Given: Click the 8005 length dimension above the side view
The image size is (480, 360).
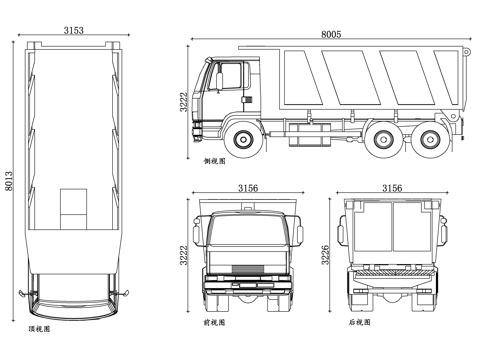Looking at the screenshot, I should pos(330,34).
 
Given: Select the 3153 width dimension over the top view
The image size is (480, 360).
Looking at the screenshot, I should pos(73,31).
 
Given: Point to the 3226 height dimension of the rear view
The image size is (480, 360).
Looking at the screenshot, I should pos(325,255).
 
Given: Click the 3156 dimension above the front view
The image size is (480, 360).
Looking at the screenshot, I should pos(249,188).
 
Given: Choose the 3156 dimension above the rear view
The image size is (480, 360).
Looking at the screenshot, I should pos(392,188).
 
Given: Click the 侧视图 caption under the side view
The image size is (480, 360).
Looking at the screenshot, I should pos(215,160).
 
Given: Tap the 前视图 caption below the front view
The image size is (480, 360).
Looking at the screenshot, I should pos(215,323).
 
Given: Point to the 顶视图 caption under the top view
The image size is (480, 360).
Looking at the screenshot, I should pos(39,328).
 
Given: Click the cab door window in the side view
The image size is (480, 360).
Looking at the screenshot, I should pos(230,76).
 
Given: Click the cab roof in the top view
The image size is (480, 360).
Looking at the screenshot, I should pos(73,300).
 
